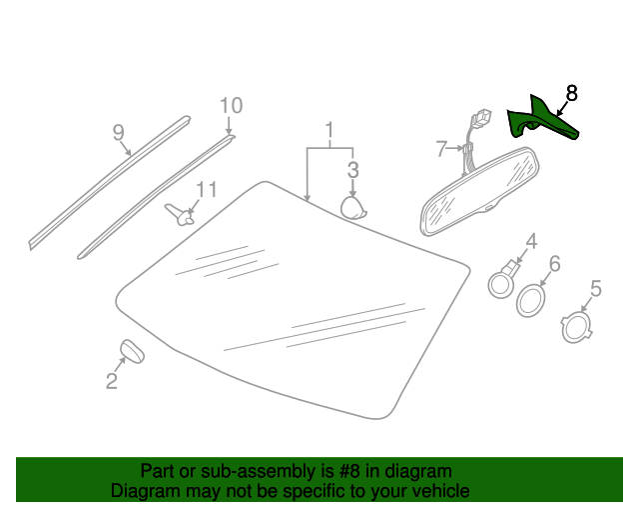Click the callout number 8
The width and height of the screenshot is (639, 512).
click(x=572, y=93)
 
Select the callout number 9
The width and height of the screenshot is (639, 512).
click(x=118, y=133)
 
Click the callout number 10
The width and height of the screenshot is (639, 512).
click(x=232, y=105)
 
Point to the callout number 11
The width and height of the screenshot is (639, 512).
click(x=207, y=190)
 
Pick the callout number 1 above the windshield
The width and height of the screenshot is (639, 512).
click(x=329, y=130)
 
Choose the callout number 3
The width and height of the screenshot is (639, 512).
click(x=352, y=169)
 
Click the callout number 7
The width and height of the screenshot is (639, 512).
click(x=441, y=149)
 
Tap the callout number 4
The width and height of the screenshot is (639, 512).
click(x=531, y=241)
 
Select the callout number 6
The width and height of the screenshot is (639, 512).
click(x=555, y=263)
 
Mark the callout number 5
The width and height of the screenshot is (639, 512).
click(x=596, y=288)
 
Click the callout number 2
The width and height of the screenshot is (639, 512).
click(x=112, y=381)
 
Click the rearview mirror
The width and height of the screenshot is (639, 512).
click(x=480, y=191)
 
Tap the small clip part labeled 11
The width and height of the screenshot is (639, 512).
click(x=179, y=214)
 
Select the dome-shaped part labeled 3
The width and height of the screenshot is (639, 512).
click(x=352, y=208)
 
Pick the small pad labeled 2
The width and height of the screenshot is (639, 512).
click(x=132, y=351)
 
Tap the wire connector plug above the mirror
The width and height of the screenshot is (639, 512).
click(x=481, y=117)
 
